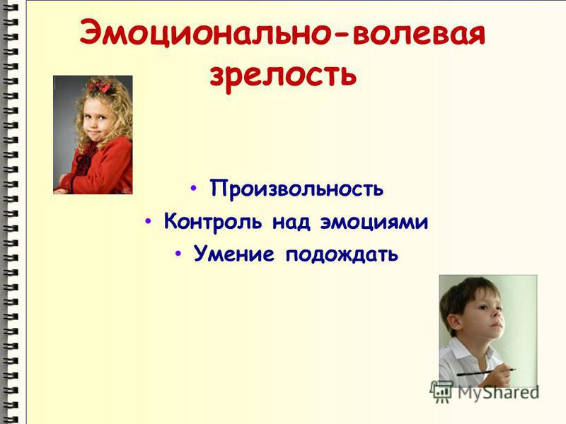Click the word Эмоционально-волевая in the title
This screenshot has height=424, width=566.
pos(282,33)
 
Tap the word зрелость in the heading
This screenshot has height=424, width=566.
pos(283,76)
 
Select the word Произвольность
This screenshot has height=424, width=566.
pos(296,188)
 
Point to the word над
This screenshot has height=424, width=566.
pos(291,222)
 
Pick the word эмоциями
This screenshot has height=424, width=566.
pos(374,223)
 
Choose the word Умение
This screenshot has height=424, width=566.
pos(233,254)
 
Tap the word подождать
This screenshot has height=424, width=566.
pos(342,254)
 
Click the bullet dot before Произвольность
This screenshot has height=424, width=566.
pos(194,188)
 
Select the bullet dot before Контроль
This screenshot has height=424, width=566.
pos(148,220)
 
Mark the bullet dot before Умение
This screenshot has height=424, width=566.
pos(178,253)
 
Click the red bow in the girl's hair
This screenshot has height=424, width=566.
pos(101,86)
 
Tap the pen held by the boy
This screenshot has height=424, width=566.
pos(486,372)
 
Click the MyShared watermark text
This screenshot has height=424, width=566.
pos(498,392)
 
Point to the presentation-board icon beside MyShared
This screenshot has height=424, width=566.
pos(441,391)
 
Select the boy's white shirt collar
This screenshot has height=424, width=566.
pos(461,348)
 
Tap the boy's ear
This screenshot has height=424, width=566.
pos(452,322)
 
